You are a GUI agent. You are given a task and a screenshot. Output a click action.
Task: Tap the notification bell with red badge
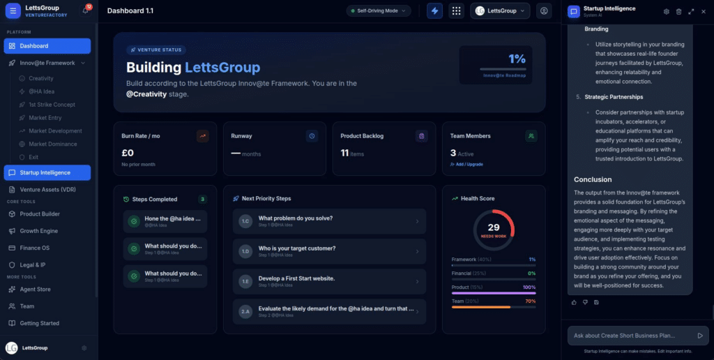(x=86, y=11)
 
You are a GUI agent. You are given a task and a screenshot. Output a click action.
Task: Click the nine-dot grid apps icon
(x=457, y=11)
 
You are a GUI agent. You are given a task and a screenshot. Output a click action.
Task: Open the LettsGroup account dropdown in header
(x=500, y=11)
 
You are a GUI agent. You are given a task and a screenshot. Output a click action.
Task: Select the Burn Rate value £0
(x=128, y=153)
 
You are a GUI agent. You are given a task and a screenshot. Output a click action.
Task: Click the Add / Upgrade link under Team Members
(x=467, y=165)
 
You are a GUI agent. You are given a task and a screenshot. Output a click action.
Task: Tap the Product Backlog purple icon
(x=420, y=136)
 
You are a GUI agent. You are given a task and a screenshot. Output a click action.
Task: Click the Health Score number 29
(x=494, y=227)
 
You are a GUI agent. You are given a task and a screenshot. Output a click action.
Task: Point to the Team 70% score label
(x=530, y=301)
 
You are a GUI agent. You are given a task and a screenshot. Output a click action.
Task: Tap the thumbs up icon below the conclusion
(x=574, y=302)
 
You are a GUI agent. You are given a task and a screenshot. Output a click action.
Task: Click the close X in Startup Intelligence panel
(x=703, y=11)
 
